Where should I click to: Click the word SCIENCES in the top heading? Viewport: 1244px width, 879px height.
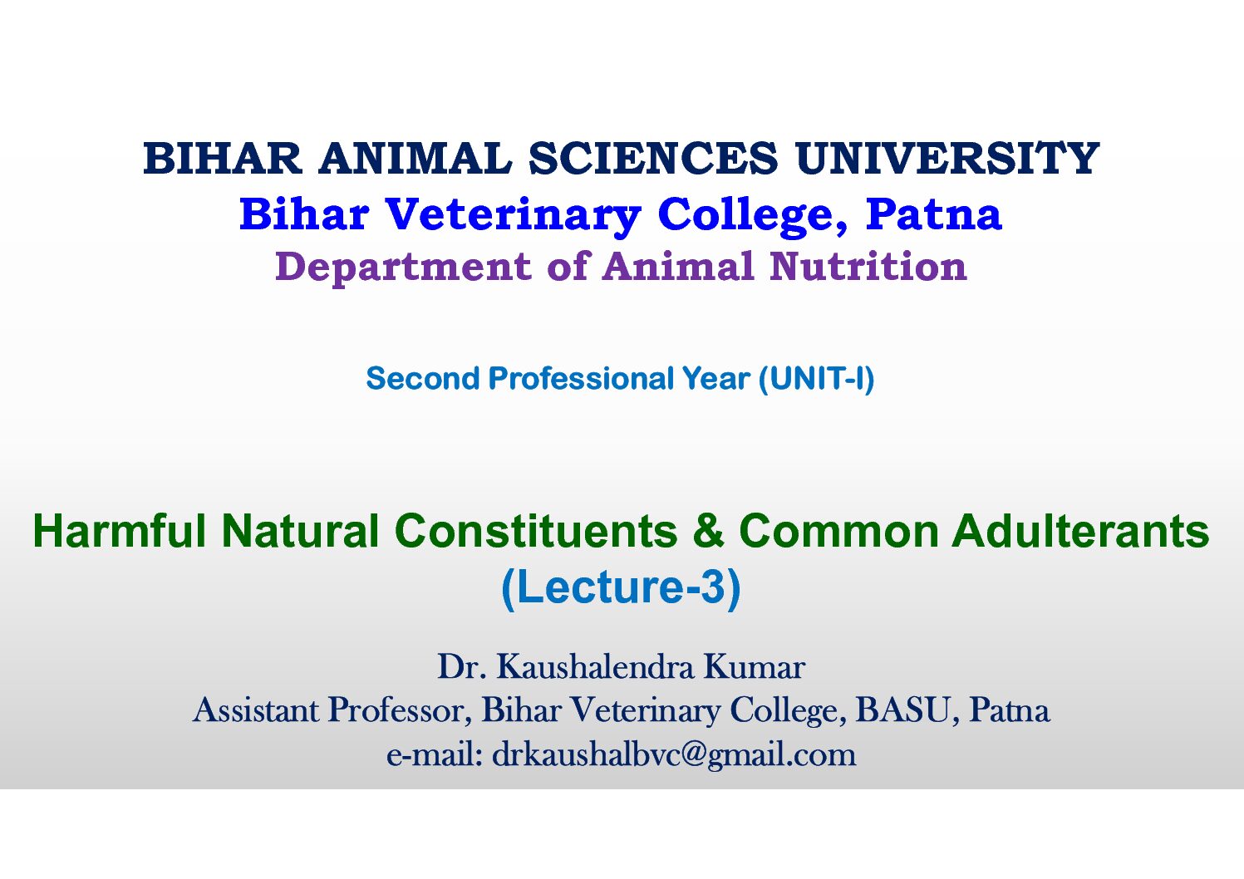pos(653,159)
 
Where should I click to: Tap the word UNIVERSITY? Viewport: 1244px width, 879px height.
pos(947,159)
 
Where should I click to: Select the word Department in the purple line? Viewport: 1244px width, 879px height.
pos(403,268)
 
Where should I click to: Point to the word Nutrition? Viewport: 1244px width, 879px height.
pos(868,266)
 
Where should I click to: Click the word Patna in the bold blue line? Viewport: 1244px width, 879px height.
pos(934,214)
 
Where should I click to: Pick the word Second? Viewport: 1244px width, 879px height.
pos(423,379)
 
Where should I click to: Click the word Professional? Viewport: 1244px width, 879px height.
pos(581,379)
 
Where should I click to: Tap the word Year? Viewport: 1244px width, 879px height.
pos(716,379)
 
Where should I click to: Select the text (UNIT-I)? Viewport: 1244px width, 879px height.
pos(816,380)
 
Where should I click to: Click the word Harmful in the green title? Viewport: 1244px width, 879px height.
pos(120,531)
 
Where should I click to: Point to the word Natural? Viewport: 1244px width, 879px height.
pos(301,531)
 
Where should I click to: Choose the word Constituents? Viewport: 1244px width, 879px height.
pos(537,531)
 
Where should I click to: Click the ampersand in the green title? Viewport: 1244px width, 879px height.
pos(709,531)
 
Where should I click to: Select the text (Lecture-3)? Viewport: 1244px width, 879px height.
pos(621,588)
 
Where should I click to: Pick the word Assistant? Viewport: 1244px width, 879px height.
pos(256,710)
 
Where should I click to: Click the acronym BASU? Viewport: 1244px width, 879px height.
pos(903,710)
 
